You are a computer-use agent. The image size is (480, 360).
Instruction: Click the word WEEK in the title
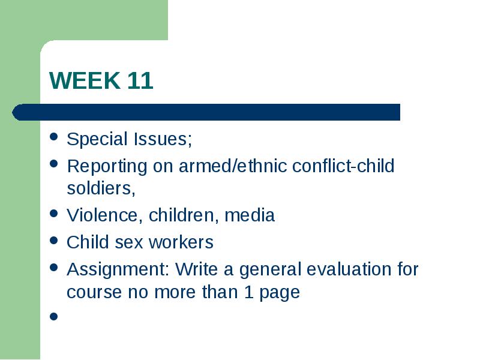[x=85, y=80]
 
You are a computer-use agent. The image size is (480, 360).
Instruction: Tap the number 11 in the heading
[x=140, y=80]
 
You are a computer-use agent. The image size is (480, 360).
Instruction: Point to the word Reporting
[x=107, y=167]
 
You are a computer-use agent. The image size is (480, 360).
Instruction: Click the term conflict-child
[x=343, y=166]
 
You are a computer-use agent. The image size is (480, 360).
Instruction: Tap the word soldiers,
[x=101, y=188]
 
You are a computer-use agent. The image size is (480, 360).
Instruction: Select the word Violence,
[x=104, y=215]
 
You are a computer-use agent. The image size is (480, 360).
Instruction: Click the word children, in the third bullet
[x=184, y=215]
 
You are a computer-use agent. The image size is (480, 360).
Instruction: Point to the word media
[x=250, y=215]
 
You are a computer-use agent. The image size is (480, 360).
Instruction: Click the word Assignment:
[x=118, y=270]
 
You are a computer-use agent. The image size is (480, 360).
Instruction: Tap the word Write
[x=197, y=269]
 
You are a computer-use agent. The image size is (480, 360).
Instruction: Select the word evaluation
[x=349, y=269]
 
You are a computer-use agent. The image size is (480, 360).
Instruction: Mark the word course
[x=94, y=292]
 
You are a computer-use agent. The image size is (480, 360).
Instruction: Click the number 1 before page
[x=248, y=292]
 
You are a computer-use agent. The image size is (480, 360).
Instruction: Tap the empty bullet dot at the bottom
[x=53, y=316]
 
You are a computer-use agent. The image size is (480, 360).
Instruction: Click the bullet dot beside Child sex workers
[x=53, y=241]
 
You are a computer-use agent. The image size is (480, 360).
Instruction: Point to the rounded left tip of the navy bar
[x=12, y=112]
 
